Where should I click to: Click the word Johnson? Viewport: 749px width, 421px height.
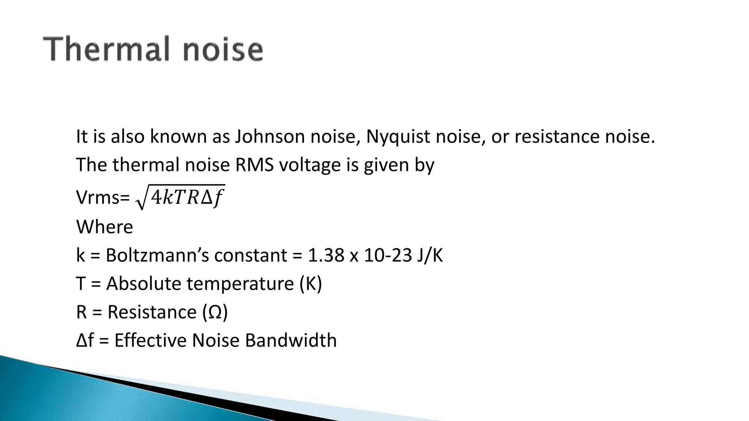click(x=270, y=136)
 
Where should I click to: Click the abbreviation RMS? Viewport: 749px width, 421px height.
click(x=254, y=165)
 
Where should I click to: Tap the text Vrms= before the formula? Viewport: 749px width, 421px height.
click(x=103, y=198)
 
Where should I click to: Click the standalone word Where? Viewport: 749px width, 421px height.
click(x=104, y=227)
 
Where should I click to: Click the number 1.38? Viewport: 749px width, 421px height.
click(x=326, y=255)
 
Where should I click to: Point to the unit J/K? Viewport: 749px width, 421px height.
click(x=429, y=255)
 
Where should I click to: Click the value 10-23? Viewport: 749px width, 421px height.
click(x=388, y=255)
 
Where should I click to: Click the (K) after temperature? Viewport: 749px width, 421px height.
click(x=310, y=284)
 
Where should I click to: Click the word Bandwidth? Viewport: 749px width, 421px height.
click(x=290, y=340)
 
